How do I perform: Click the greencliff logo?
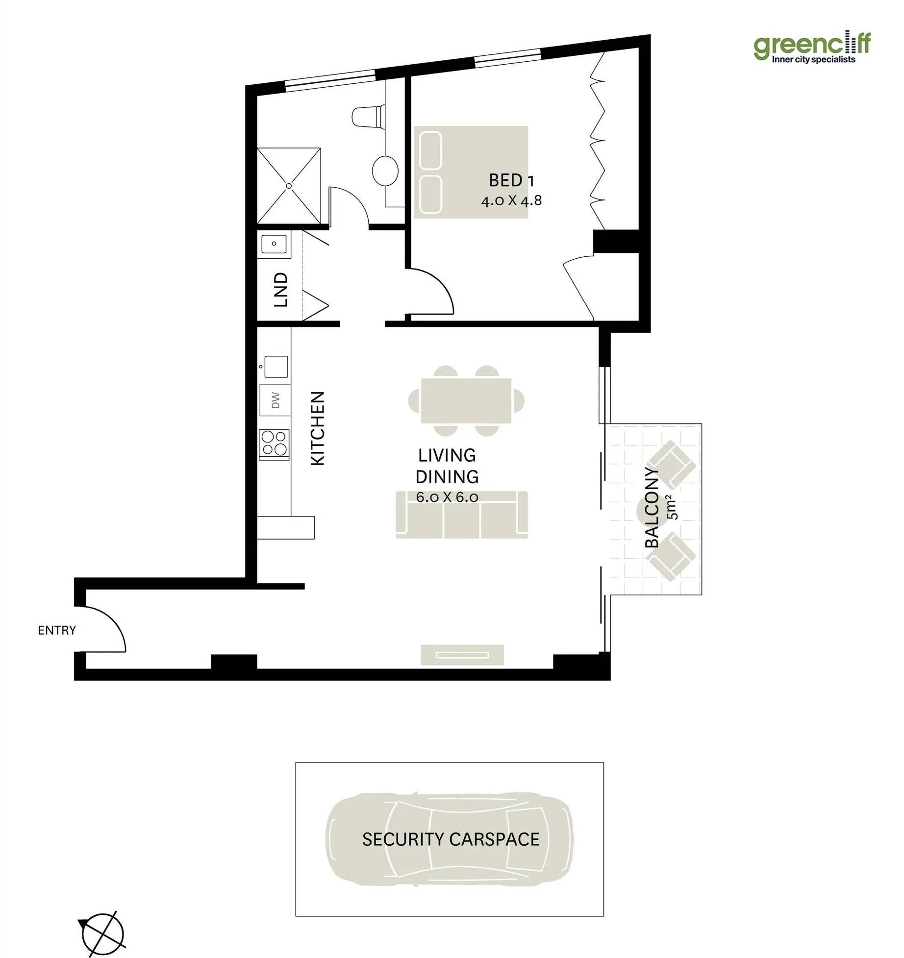coord(812,48)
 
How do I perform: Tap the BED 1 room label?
coord(511,180)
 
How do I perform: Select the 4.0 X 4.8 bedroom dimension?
coord(511,200)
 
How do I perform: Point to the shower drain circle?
coord(289,186)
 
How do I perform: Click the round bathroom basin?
coord(385,171)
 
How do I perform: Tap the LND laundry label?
coord(280,290)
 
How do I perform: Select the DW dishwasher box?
coord(275,400)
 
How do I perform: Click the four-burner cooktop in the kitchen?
coord(275,444)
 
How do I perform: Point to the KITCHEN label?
coord(318,428)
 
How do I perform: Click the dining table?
coord(466,400)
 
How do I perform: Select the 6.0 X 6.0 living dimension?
coord(447,497)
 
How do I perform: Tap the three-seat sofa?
coord(462,515)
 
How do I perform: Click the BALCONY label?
coord(652,508)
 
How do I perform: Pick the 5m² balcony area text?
coord(672,507)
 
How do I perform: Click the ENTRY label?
coord(57,630)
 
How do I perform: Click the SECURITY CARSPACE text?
coord(451,839)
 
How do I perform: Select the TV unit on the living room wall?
coord(462,655)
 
